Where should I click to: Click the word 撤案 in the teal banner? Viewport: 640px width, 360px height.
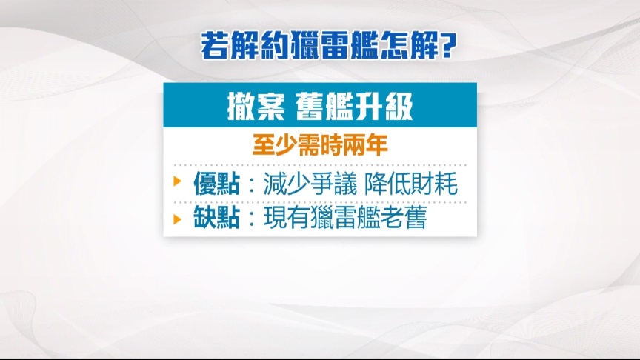pos(256,107)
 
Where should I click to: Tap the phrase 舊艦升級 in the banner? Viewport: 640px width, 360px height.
pos(354,107)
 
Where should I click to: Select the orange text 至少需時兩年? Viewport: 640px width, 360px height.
pos(320,145)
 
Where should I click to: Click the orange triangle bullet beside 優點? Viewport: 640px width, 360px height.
pos(177,181)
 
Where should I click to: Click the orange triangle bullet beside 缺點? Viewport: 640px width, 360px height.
pos(177,219)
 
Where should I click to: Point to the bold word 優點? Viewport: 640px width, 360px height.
pos(216,183)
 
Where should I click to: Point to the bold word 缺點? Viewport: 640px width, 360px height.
pos(216,217)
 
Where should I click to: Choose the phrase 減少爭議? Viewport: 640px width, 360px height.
pos(310,183)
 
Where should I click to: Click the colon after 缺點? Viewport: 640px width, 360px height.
pos(251,219)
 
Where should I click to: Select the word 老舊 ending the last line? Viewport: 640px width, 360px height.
pos(403,217)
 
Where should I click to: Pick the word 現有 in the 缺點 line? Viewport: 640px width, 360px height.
pos(287,217)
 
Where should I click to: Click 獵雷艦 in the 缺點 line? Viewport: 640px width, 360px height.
pos(345,217)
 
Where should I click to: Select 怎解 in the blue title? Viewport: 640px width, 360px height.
pos(408,45)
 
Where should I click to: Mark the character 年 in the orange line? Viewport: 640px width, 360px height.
pos(377,145)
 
